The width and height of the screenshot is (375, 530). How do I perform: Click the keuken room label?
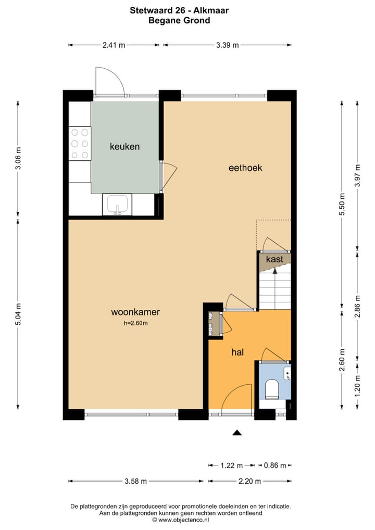(124, 147)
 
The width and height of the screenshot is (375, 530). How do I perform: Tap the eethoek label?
(245, 168)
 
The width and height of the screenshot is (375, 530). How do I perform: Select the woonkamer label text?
(135, 312)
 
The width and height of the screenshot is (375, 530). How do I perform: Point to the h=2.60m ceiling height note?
(135, 323)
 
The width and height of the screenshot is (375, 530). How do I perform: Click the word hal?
(238, 352)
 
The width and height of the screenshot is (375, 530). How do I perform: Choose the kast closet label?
(274, 259)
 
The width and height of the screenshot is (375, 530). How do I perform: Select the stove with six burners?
(80, 143)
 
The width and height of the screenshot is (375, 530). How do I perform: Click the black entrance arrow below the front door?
(237, 432)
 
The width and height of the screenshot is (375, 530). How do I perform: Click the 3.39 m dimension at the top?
(227, 45)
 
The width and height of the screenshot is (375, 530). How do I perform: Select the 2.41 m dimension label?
(114, 45)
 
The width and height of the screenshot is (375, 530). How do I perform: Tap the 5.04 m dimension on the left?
(18, 314)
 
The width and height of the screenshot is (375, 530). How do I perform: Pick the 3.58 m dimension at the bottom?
(135, 481)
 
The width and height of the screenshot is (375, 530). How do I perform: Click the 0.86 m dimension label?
(275, 465)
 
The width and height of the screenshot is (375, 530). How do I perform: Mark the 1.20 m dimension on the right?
(357, 385)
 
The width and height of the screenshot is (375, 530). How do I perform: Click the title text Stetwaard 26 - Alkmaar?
(179, 10)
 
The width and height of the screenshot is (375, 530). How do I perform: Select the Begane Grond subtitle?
(179, 21)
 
